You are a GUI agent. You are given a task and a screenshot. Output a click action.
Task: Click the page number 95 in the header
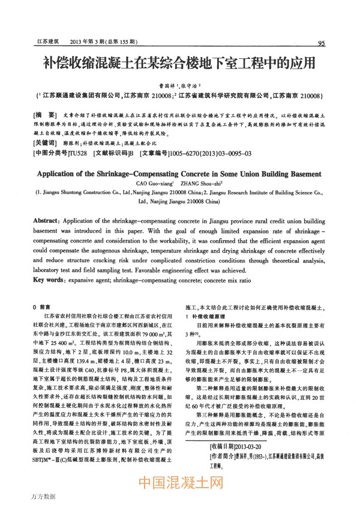pyautogui.click(x=322, y=43)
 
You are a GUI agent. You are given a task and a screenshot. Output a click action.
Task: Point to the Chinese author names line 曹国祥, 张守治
pyautogui.click(x=180, y=86)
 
